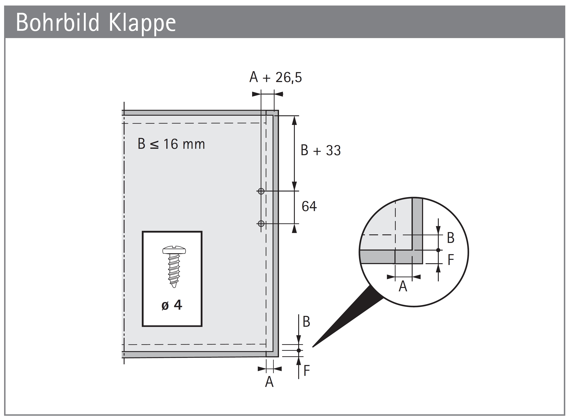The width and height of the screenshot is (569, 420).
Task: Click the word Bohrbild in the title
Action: coord(57,23)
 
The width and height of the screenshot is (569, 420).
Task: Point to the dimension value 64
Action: coord(309,206)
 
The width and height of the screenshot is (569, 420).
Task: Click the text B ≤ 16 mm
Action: coord(171,144)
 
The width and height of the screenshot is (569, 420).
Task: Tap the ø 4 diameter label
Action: coord(172,305)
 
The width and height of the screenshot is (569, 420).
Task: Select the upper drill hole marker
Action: coord(261,191)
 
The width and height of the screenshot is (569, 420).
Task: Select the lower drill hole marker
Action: coord(261,224)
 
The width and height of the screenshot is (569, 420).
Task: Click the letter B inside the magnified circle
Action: coord(450,238)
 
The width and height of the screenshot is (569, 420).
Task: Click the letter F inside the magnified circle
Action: coord(450,260)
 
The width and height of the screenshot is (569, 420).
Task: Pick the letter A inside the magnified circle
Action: coord(403,286)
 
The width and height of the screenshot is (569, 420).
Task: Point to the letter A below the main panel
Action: coord(269,382)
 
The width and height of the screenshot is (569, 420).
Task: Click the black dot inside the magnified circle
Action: coord(438,250)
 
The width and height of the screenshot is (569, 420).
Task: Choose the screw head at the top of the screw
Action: coord(174,250)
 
